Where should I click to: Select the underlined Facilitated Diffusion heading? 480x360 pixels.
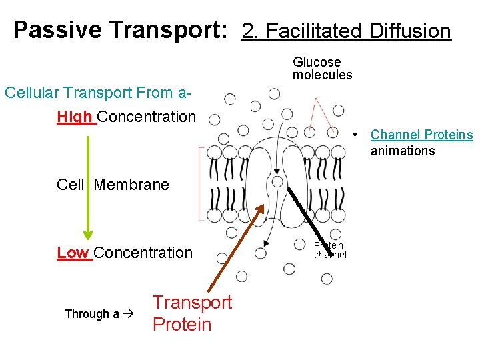click(x=347, y=31)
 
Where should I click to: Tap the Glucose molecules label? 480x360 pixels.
click(x=322, y=69)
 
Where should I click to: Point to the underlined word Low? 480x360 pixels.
click(x=73, y=253)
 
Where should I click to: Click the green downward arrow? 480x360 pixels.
click(x=88, y=187)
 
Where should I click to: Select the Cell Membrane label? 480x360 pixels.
click(x=113, y=185)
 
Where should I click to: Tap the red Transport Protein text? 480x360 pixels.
click(x=191, y=313)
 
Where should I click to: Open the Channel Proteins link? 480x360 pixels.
click(x=421, y=135)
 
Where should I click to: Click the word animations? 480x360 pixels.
click(x=402, y=151)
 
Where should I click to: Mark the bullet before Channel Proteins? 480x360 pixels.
click(x=357, y=135)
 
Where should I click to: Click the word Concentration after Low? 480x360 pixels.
click(x=143, y=253)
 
